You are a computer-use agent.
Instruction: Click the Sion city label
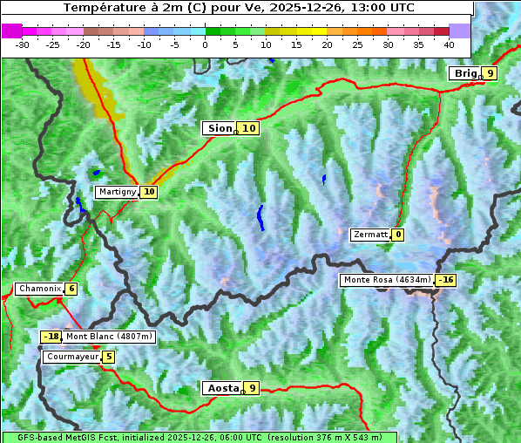coord(219,128)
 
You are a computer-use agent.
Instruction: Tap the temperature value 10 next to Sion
coord(249,128)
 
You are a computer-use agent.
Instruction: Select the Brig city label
coord(464,73)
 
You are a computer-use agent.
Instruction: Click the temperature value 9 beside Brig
coord(491,73)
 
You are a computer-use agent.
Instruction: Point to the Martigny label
coord(116,192)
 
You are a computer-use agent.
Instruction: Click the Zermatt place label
coord(369,235)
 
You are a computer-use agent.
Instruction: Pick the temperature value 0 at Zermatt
coord(398,235)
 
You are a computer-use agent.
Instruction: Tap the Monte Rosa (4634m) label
coord(387,280)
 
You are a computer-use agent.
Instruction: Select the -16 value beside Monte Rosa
coord(445,280)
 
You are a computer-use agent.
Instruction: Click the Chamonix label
coord(39,289)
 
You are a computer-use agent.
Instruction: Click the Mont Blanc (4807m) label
coord(109,337)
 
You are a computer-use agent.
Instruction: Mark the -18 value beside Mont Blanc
coord(51,337)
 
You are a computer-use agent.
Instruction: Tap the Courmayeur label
coord(71,357)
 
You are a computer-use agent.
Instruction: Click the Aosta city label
coord(221,388)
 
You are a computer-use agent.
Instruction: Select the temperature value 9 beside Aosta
coord(252,388)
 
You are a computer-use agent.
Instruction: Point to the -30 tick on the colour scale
coord(23,44)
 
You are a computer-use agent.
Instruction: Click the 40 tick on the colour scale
coord(449,44)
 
